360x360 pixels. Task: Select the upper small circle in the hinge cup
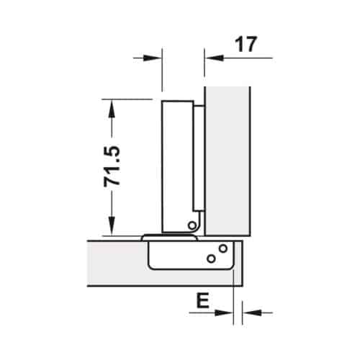click(x=222, y=249)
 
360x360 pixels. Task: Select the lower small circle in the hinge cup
click(x=210, y=258)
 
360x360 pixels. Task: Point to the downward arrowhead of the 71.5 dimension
click(x=110, y=228)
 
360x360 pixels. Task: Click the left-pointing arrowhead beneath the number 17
click(x=213, y=57)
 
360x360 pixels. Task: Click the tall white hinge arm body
click(x=176, y=166)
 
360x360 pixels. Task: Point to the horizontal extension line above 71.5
click(x=130, y=99)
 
